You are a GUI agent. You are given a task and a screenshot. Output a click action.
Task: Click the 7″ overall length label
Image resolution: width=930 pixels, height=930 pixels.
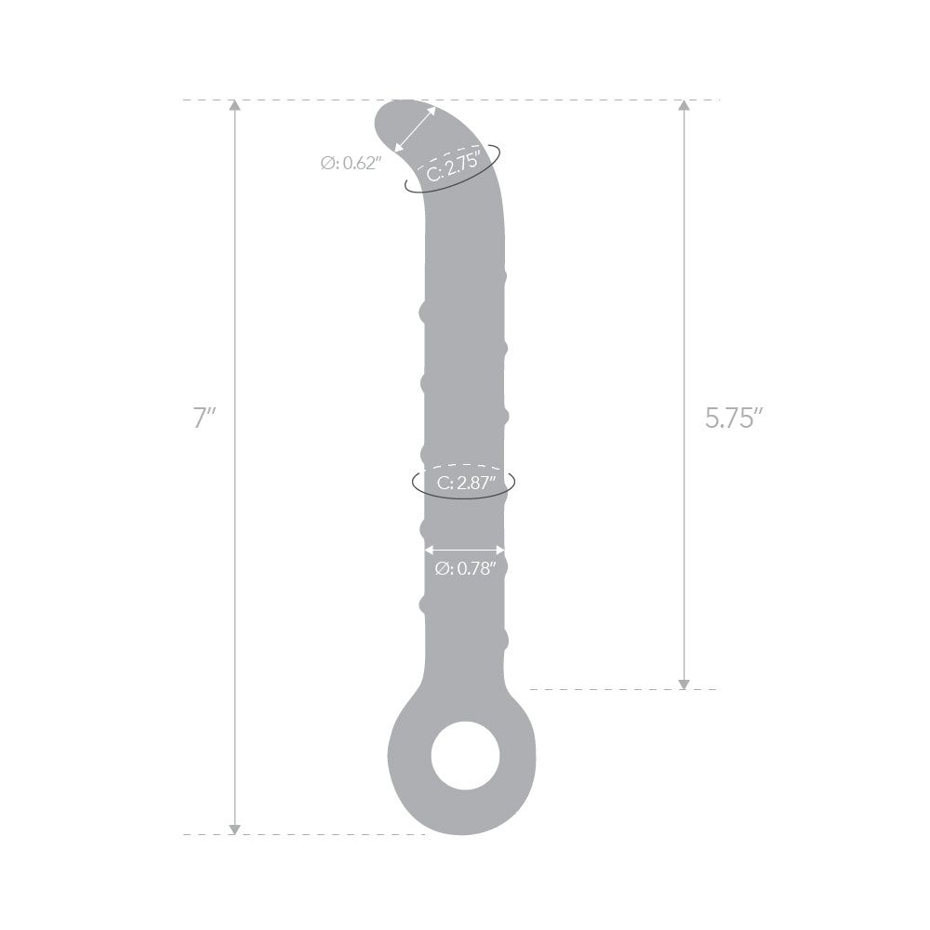204,418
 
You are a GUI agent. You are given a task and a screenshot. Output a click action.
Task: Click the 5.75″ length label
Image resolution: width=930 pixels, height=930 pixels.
734,418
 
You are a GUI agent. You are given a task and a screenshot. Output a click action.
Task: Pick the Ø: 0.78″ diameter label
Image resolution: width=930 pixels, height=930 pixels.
466,568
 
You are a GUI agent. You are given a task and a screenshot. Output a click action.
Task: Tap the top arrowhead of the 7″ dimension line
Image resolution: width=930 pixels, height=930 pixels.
234,106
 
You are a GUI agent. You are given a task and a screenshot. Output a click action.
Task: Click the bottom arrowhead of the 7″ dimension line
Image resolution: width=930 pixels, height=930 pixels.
234,828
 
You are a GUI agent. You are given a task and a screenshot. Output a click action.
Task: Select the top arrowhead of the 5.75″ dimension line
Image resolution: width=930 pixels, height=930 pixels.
684,106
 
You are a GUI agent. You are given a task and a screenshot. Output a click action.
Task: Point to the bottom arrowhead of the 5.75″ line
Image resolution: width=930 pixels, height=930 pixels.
684,683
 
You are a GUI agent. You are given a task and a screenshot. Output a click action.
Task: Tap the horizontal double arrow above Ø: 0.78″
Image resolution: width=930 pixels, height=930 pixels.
465,550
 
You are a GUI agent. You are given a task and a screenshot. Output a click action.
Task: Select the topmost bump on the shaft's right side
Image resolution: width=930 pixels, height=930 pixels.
505,276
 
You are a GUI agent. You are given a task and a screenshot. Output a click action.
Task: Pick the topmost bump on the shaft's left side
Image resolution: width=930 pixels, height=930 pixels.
424,313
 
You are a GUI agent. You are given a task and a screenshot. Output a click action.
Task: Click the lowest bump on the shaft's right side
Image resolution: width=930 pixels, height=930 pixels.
505,640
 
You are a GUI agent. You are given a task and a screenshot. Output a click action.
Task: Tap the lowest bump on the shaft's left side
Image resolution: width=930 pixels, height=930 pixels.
424,604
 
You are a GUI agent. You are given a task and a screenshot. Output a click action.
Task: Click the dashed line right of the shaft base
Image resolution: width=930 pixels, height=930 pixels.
623,689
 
